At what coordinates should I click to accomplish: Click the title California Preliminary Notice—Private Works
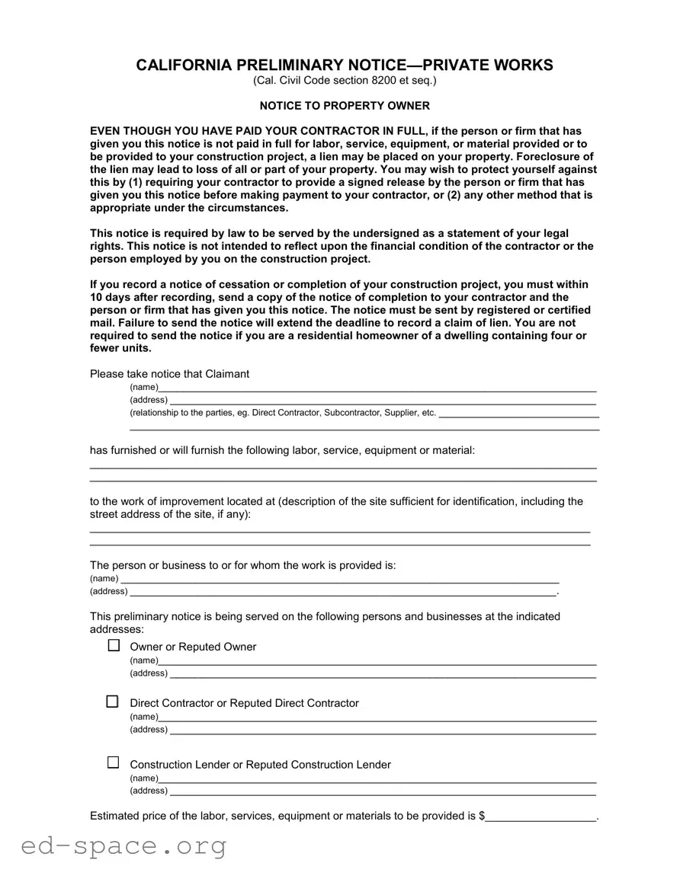345,66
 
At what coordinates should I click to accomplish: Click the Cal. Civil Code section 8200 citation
345,81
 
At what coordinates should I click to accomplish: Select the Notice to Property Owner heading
345,106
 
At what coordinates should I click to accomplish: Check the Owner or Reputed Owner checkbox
114,645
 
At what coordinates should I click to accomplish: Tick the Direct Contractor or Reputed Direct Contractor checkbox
113,702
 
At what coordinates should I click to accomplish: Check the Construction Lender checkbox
114,762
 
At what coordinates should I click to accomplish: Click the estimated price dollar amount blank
541,817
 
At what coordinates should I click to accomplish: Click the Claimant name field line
377,388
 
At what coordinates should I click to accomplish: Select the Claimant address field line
382,401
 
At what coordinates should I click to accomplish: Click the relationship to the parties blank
518,414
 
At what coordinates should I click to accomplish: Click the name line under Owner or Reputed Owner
377,661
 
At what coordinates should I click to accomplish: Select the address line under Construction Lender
382,791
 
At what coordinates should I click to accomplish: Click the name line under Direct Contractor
377,718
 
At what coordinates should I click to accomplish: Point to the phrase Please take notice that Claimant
169,374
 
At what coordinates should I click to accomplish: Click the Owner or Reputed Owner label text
193,647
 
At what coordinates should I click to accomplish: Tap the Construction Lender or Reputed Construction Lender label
260,765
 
